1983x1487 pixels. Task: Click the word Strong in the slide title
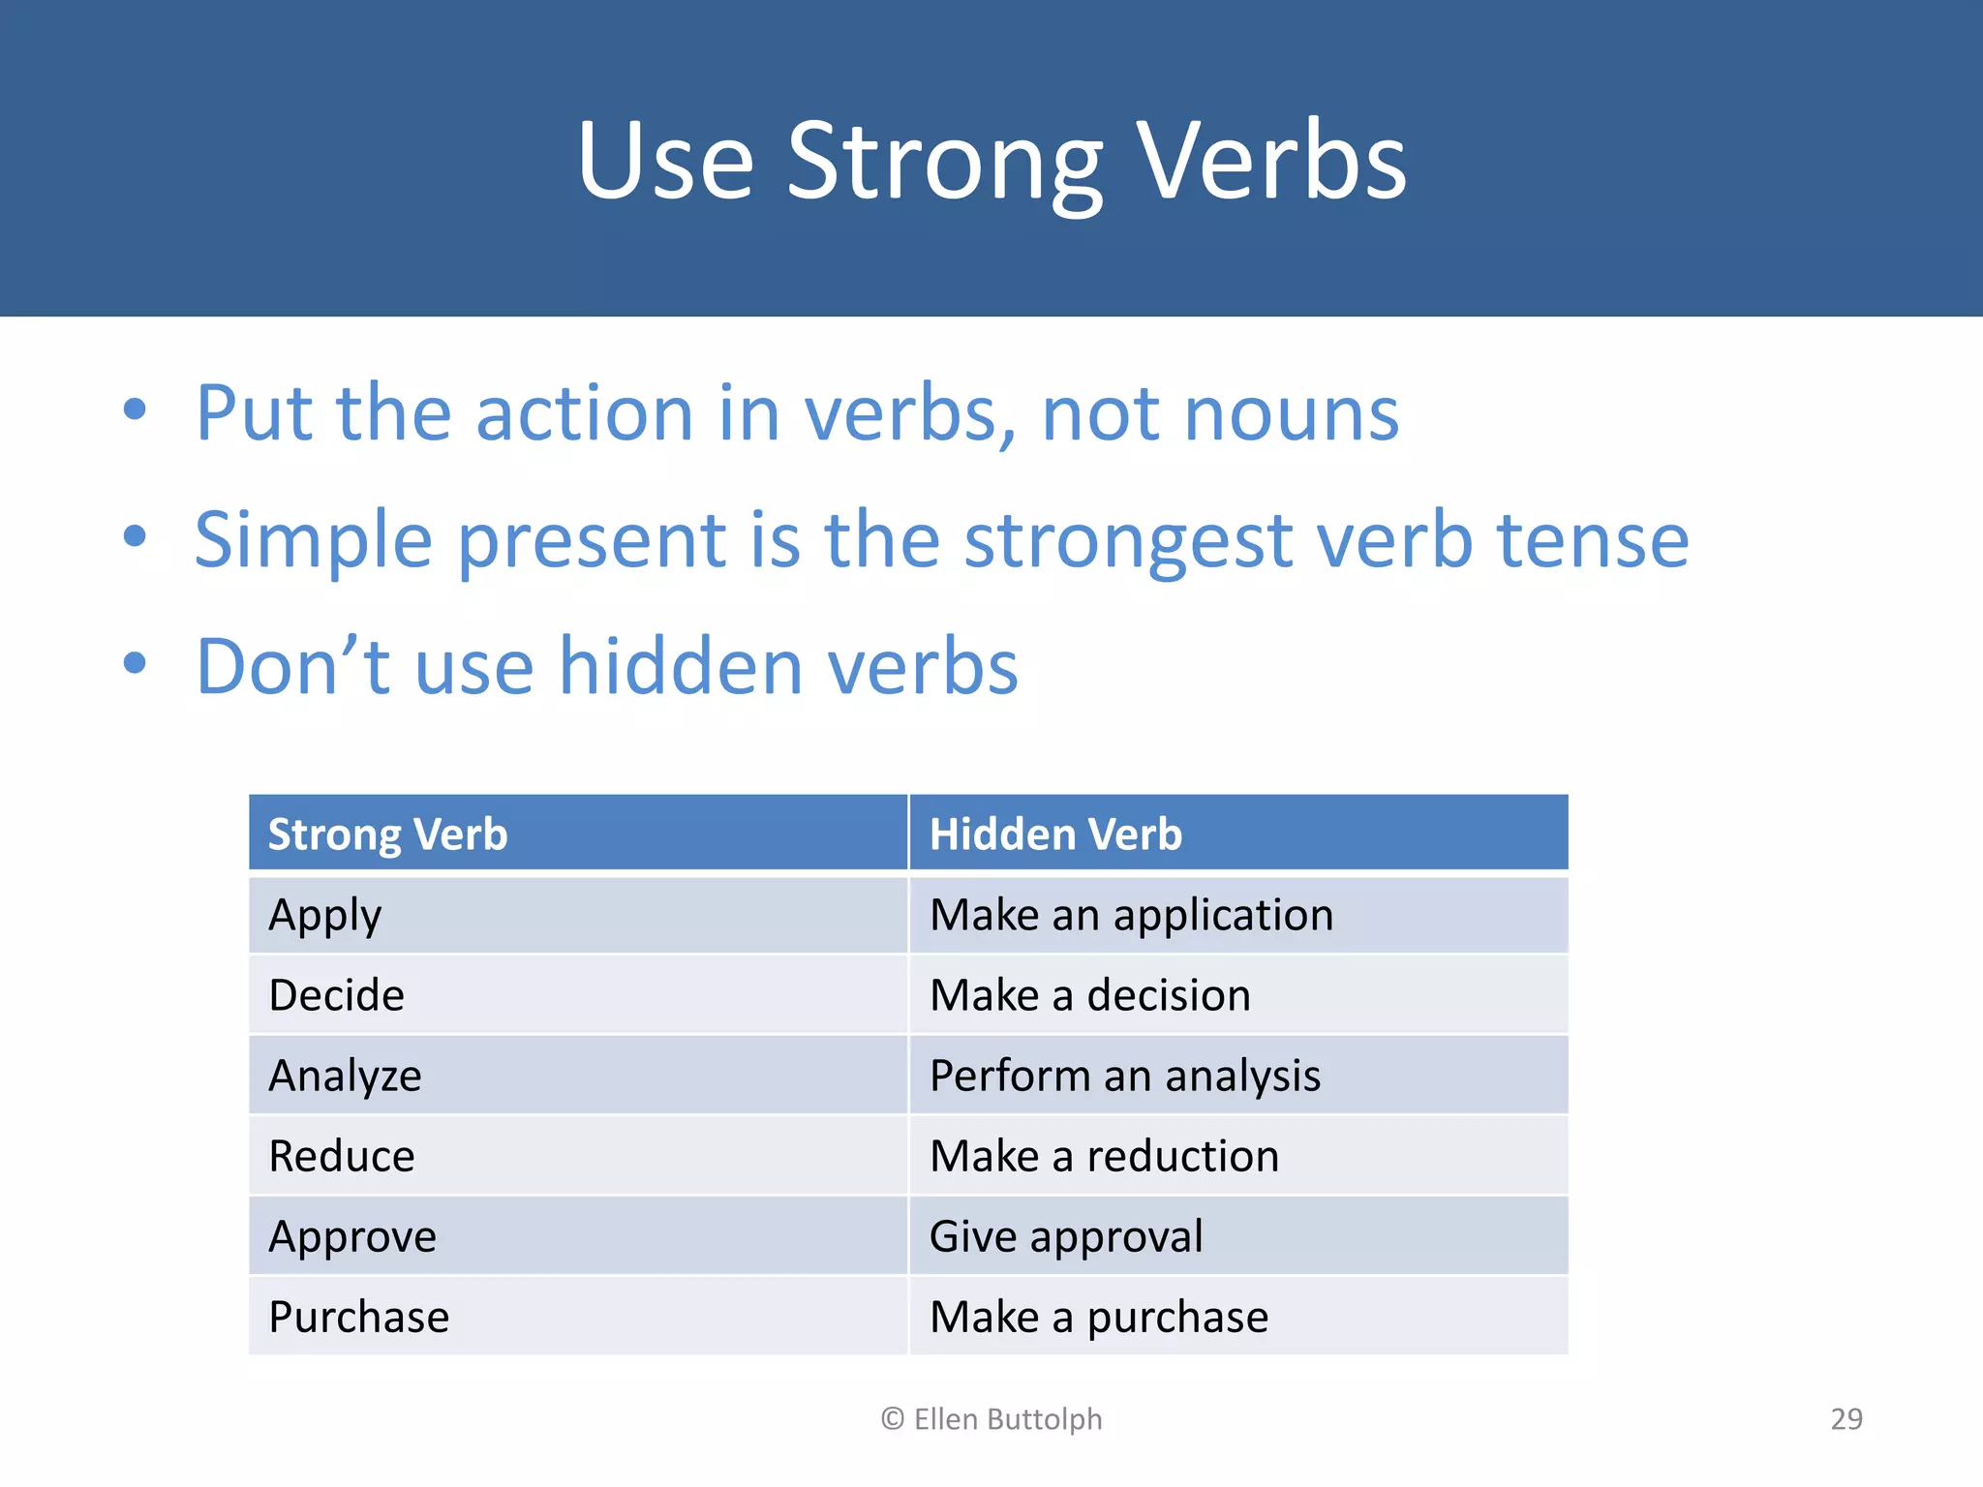944,163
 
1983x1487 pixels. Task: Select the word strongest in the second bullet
1128,539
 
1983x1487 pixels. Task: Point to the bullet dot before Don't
135,664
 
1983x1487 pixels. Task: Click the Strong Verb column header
387,835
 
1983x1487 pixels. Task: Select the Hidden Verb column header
1055,835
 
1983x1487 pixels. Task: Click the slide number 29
1846,1419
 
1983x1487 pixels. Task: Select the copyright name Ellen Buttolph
1007,1419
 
